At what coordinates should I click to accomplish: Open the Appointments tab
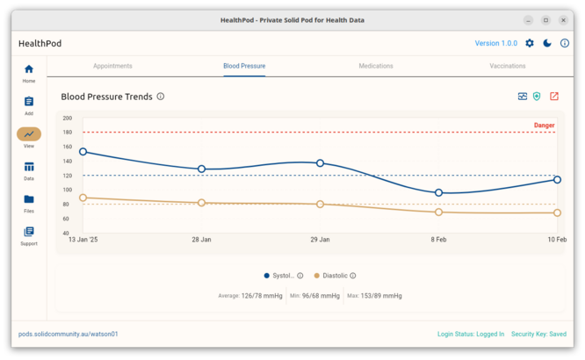[112, 66]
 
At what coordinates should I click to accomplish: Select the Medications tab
[376, 66]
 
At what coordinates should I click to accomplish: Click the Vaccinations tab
[508, 66]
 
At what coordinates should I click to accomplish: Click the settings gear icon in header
[530, 43]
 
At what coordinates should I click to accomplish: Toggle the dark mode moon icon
[547, 43]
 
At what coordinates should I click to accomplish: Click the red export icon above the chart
[554, 97]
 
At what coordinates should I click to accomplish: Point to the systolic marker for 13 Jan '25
[83, 152]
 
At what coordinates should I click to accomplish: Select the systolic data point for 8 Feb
[438, 192]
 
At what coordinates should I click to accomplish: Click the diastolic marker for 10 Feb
[557, 212]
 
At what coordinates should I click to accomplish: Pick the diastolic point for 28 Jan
[201, 203]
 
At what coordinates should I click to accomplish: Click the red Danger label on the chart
[544, 126]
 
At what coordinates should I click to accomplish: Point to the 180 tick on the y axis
[68, 133]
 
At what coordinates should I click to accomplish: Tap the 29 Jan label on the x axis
[320, 239]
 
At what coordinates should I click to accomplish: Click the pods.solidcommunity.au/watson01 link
[69, 334]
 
